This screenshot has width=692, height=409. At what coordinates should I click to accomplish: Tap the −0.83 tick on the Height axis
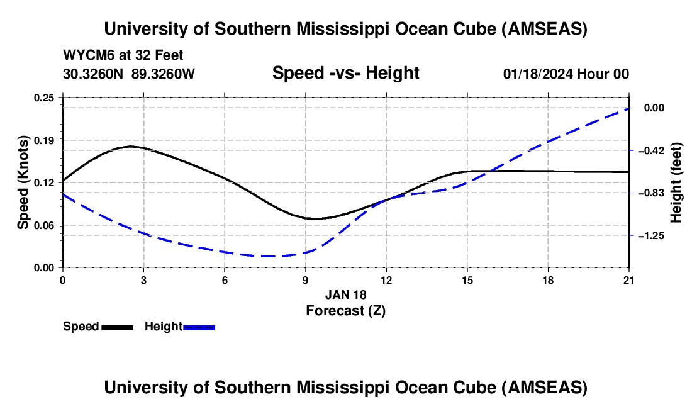pyautogui.click(x=657, y=193)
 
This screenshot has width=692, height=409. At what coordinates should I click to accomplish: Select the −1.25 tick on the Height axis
pyautogui.click(x=657, y=235)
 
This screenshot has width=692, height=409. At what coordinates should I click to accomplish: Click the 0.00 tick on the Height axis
pyautogui.click(x=655, y=108)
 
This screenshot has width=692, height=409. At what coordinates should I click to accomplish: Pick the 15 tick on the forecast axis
pyautogui.click(x=467, y=280)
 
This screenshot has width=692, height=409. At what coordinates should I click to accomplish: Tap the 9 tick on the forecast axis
pyautogui.click(x=305, y=280)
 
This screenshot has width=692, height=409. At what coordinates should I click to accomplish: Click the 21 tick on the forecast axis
pyautogui.click(x=629, y=280)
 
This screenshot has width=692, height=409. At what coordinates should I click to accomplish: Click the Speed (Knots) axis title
pyautogui.click(x=23, y=182)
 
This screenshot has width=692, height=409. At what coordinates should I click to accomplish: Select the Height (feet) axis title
pyautogui.click(x=677, y=182)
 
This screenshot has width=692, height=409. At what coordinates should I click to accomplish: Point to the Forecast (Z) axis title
pyautogui.click(x=345, y=310)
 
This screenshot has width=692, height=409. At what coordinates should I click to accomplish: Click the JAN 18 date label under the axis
pyautogui.click(x=345, y=294)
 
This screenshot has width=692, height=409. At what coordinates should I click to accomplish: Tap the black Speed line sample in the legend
pyautogui.click(x=117, y=327)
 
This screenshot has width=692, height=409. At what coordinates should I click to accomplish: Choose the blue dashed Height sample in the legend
pyautogui.click(x=199, y=327)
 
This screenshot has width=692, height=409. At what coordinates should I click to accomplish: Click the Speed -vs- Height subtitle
pyautogui.click(x=345, y=73)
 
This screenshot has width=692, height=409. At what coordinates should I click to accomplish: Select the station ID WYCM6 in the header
pyautogui.click(x=86, y=55)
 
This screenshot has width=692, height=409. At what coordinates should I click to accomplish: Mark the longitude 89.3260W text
pyautogui.click(x=164, y=74)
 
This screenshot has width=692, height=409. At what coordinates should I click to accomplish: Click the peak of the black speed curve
pyautogui.click(x=130, y=146)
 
